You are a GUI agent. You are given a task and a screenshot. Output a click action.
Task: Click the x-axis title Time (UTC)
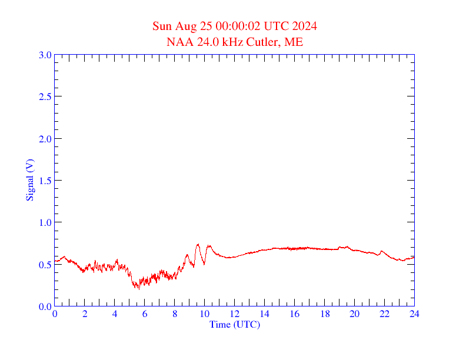234,324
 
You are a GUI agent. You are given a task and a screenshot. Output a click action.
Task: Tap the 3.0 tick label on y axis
45,55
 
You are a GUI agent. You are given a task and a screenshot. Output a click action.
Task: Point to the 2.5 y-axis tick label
45,96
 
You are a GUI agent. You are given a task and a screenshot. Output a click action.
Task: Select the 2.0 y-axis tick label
45,139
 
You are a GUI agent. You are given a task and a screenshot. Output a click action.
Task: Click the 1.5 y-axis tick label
45,181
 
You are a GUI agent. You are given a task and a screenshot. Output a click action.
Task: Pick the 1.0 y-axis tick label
45,222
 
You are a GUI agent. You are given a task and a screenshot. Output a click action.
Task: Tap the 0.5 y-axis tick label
45,265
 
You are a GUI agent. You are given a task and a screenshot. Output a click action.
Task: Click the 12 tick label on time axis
234,314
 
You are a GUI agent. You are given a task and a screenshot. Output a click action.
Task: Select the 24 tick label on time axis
414,314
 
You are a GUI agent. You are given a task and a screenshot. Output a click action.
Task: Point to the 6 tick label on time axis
145,314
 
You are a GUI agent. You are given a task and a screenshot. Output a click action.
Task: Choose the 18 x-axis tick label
324,314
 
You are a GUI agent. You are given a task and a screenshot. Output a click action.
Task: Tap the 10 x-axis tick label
204,314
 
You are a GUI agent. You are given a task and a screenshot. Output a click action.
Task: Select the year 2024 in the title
304,26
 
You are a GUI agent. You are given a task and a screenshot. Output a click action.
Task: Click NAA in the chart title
178,42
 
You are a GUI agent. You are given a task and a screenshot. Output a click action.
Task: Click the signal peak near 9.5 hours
198,244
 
